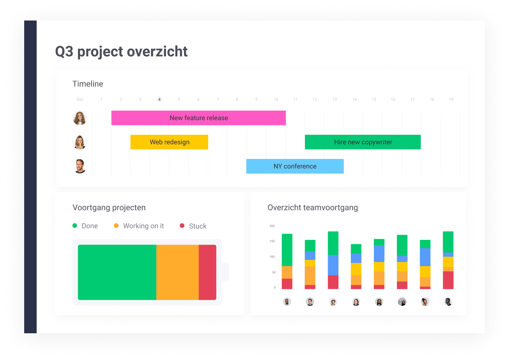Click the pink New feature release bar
tap(198, 118)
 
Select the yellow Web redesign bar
tap(169, 142)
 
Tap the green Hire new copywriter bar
tap(362, 142)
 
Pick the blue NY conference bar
tap(295, 166)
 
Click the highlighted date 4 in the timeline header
tap(159, 99)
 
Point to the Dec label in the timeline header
tap(80, 99)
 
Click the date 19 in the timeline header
tap(451, 99)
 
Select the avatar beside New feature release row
tap(80, 118)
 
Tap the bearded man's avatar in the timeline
tap(80, 166)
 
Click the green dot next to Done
tap(75, 226)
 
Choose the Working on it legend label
tap(143, 226)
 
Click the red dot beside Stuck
tap(182, 226)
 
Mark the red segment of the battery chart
tap(207, 272)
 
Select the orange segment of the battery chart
tap(177, 272)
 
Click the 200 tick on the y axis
tap(272, 226)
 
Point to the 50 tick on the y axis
tap(273, 272)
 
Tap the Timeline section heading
tap(88, 84)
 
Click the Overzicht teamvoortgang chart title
tap(312, 208)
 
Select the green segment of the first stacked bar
tap(287, 250)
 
